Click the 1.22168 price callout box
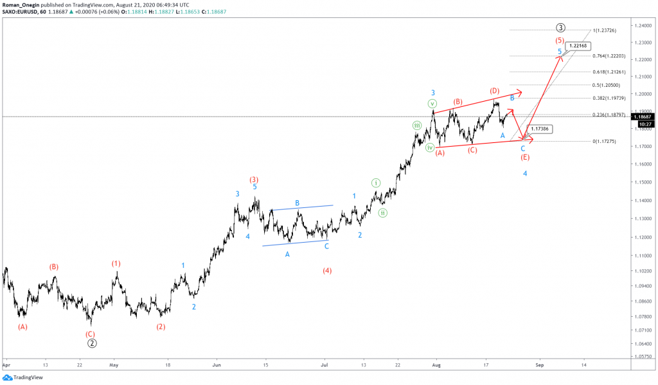(576, 46)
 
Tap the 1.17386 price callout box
(540, 129)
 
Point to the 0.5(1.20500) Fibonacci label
(607, 85)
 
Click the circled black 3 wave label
(560, 28)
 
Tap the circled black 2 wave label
(93, 343)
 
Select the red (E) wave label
(525, 158)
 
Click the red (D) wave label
(495, 91)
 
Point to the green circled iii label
(417, 126)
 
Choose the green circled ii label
(382, 212)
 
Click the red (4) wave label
(327, 271)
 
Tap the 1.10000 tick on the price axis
(640, 256)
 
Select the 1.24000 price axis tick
(640, 25)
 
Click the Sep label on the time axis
(540, 364)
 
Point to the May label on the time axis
(114, 364)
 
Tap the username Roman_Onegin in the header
(22, 4)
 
